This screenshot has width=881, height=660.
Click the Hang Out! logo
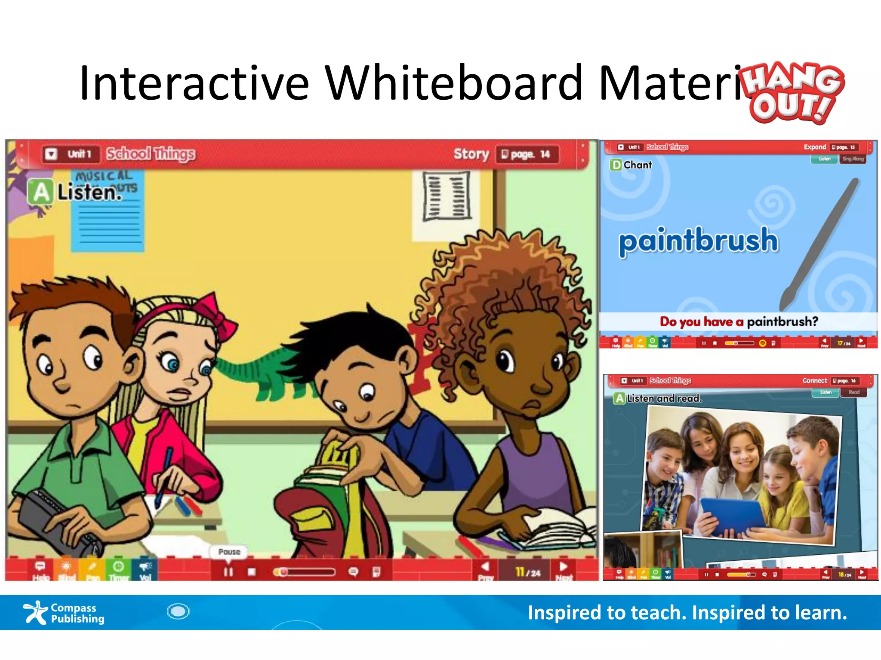[794, 92]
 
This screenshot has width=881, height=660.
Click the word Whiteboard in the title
[453, 82]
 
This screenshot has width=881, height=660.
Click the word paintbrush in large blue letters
[698, 241]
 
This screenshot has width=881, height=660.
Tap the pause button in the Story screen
[228, 572]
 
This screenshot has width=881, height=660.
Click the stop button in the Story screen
[252, 572]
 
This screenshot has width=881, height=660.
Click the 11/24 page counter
[528, 572]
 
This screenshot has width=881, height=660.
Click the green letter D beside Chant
[616, 165]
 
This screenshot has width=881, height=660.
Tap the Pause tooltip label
[229, 552]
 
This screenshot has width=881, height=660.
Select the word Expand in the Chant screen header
[814, 147]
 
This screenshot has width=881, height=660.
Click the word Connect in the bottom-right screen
[814, 381]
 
